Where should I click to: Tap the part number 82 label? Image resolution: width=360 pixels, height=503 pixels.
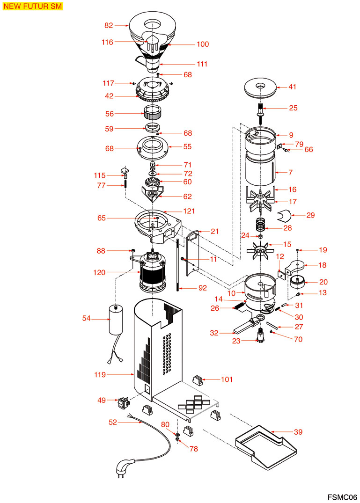pyautogui.click(x=109, y=25)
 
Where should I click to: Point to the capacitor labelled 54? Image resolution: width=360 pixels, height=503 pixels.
pyautogui.click(x=116, y=320)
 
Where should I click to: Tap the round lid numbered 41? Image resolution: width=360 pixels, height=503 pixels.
pyautogui.click(x=261, y=87)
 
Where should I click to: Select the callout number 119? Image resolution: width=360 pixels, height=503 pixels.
pyautogui.click(x=99, y=374)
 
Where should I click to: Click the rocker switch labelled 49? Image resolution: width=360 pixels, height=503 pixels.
pyautogui.click(x=124, y=401)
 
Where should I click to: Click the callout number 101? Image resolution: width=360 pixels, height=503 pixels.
pyautogui.click(x=227, y=379)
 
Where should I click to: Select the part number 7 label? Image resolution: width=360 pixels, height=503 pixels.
pyautogui.click(x=290, y=173)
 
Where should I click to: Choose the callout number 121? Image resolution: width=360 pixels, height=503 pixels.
pyautogui.click(x=189, y=211)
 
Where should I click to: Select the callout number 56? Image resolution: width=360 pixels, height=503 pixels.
pyautogui.click(x=109, y=113)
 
